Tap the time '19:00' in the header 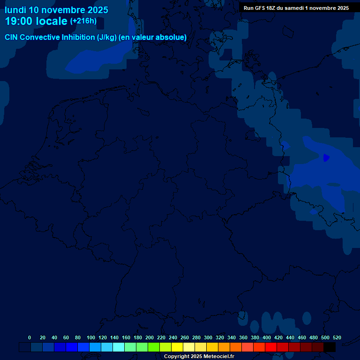(x=19, y=21)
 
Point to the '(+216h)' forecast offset (x=83, y=21)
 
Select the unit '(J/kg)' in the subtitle (x=107, y=37)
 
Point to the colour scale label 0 (x=30, y=337)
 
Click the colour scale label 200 (x=150, y=337)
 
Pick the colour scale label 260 (x=185, y=337)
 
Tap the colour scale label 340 (x=232, y=337)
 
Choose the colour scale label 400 (x=267, y=337)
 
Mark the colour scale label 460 (x=302, y=337)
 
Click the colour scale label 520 (x=337, y=337)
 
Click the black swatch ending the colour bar (x=330, y=347)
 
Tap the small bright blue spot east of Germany (x=326, y=158)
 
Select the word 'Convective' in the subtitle (x=40, y=37)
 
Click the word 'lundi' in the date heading (x=15, y=10)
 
